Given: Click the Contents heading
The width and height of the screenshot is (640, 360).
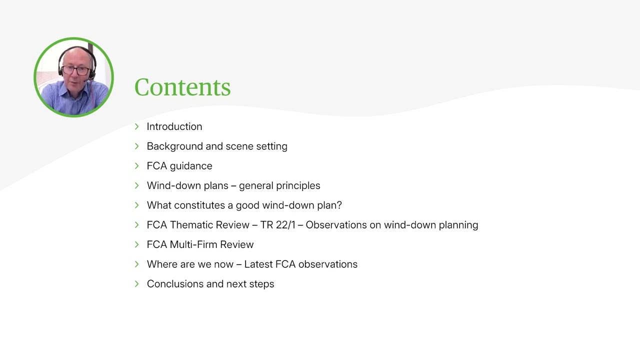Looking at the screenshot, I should coord(182,87).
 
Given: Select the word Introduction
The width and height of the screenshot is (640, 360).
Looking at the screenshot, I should coord(174,126).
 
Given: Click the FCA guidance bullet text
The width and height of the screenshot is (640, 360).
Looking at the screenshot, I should coord(179,166).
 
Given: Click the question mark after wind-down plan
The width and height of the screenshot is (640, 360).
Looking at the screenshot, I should coord(339,205).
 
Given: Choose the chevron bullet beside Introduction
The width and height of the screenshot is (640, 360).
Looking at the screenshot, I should coord(137,126).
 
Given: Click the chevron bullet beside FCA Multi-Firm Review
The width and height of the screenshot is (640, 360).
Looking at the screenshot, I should coord(137,244).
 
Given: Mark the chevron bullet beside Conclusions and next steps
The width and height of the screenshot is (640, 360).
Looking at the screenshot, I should coord(137,284).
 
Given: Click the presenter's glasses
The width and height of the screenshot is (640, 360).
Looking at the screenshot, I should coord(75,70).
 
